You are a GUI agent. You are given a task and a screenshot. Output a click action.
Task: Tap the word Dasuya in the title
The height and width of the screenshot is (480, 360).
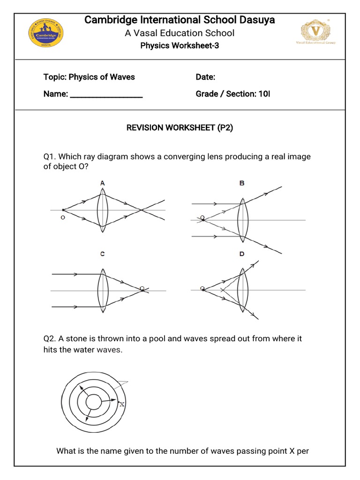click(x=257, y=20)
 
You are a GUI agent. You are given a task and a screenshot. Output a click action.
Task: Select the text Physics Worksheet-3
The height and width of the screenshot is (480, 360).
click(x=180, y=46)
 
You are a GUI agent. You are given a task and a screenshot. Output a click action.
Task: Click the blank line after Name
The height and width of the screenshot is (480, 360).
click(x=106, y=95)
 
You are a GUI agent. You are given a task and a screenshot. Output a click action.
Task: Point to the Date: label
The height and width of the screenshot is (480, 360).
click(x=205, y=77)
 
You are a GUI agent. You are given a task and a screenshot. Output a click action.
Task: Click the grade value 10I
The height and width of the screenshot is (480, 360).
click(x=264, y=94)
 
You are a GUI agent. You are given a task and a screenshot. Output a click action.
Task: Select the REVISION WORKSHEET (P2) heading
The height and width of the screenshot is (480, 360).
click(x=180, y=128)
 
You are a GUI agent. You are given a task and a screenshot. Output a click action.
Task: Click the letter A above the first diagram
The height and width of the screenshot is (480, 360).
click(x=102, y=183)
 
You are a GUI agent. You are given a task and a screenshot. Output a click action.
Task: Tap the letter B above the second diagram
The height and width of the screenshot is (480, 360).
click(x=242, y=183)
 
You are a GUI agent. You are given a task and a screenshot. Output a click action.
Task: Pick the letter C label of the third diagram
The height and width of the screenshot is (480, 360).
click(x=102, y=254)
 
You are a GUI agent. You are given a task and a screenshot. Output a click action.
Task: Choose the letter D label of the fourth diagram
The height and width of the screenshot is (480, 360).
click(x=242, y=254)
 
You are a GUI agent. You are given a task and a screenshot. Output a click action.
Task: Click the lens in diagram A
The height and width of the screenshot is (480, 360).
click(x=103, y=210)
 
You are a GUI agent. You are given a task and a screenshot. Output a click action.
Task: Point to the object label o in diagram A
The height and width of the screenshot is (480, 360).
click(x=62, y=218)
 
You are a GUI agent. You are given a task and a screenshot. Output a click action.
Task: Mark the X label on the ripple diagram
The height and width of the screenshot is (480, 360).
click(x=122, y=404)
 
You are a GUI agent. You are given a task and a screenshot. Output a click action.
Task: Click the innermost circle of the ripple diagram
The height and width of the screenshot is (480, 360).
click(x=94, y=401)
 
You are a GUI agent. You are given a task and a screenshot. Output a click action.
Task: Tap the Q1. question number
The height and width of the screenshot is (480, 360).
click(x=49, y=157)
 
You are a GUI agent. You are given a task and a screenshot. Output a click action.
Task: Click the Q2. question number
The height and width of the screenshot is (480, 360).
click(x=49, y=338)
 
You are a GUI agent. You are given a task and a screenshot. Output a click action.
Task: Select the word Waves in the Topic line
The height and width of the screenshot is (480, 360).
click(x=122, y=77)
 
